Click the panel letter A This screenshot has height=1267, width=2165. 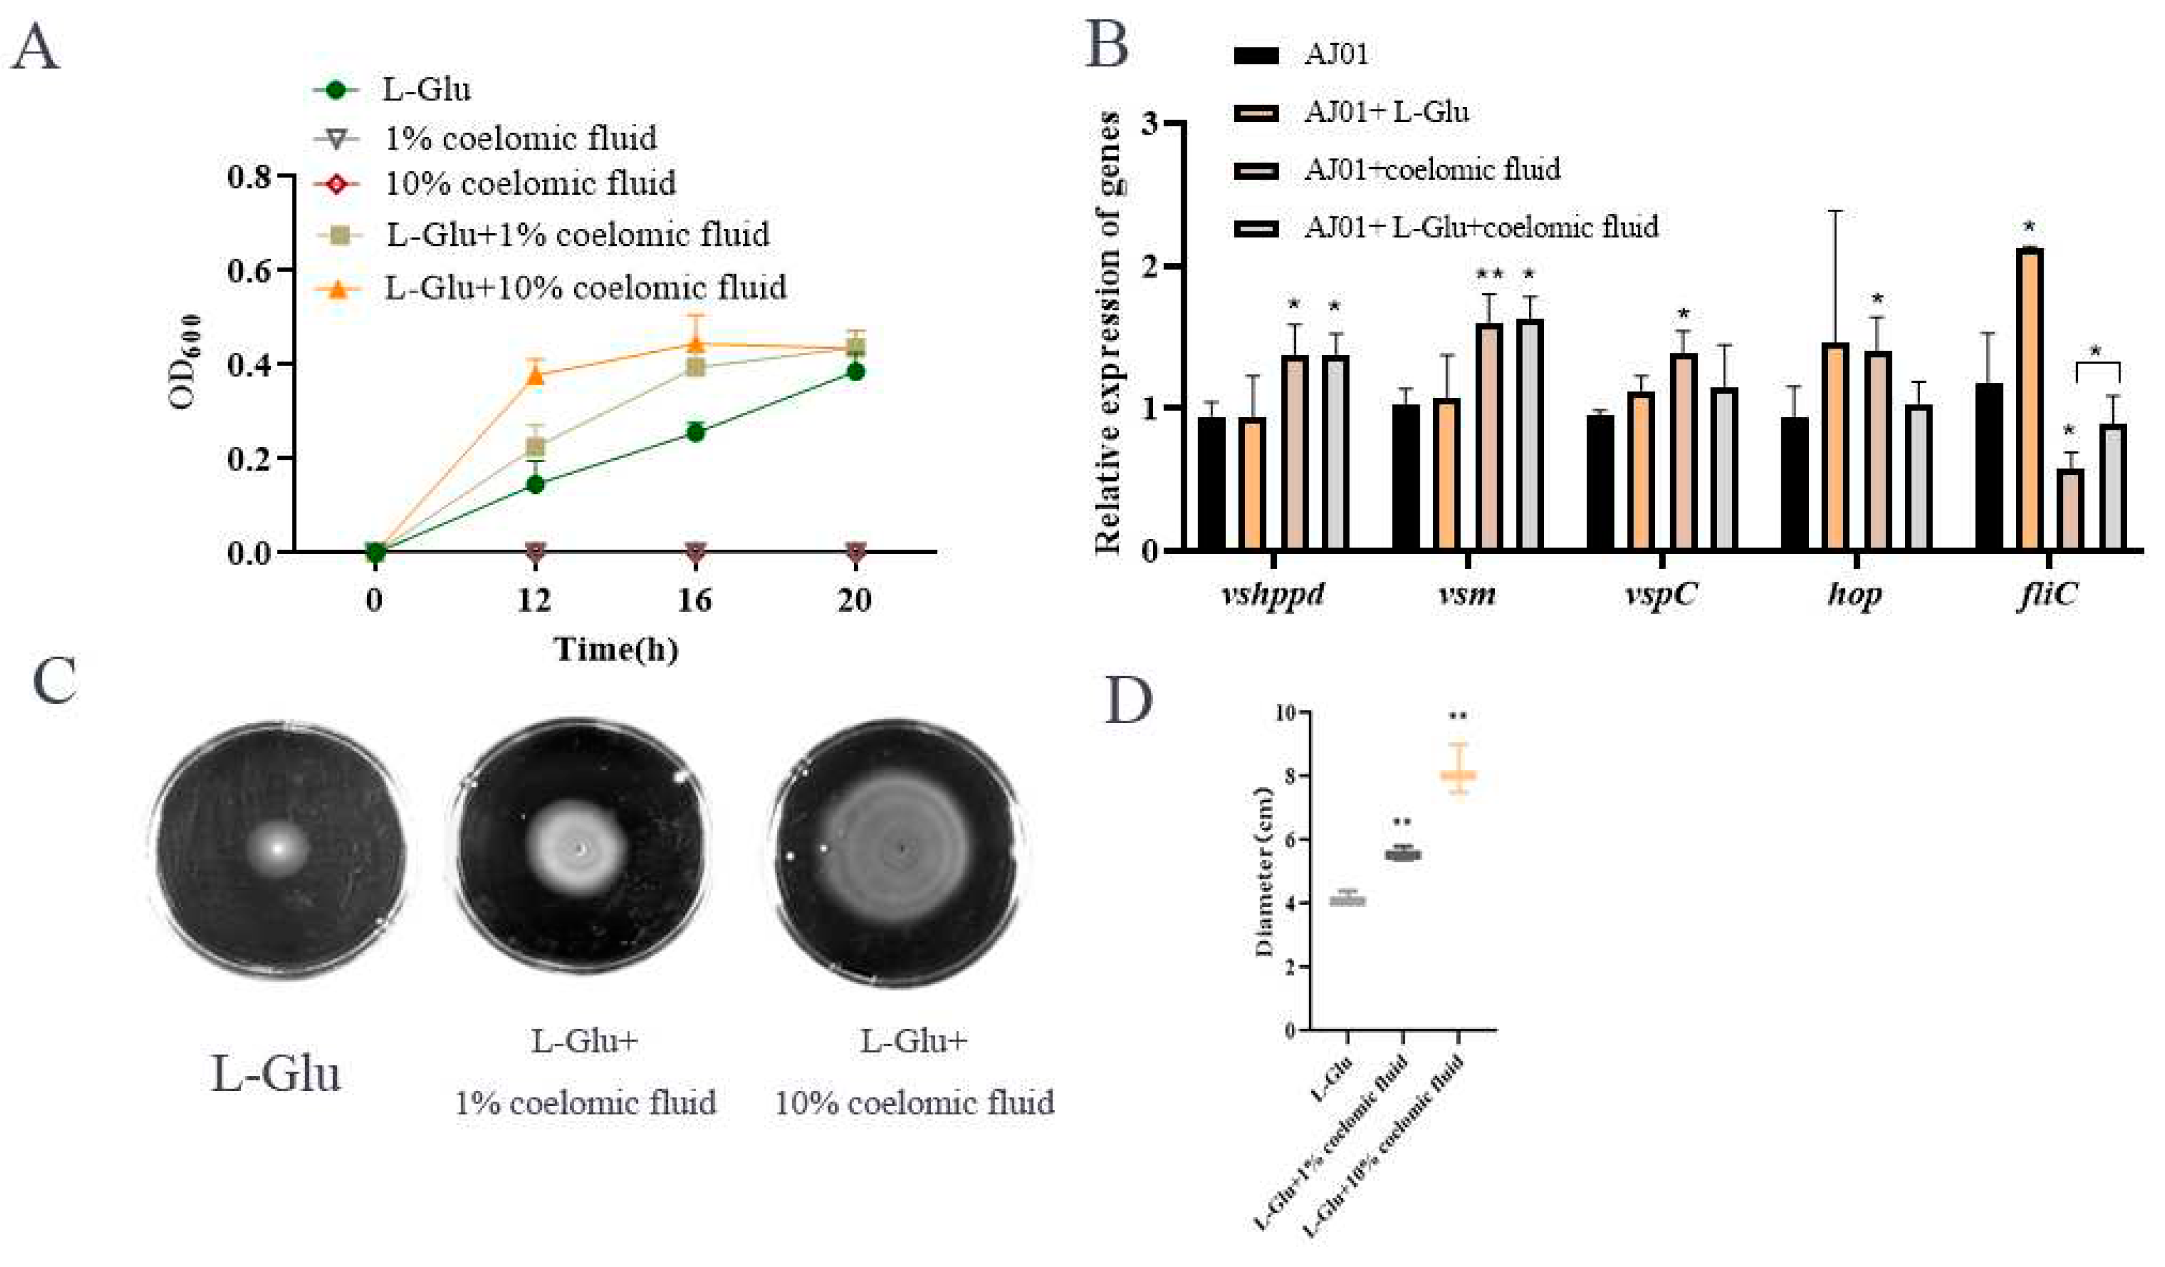click(x=36, y=47)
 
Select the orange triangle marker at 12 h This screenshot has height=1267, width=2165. click(x=535, y=376)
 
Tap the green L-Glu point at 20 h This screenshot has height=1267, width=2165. click(x=855, y=371)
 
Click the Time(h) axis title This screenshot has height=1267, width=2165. click(x=615, y=649)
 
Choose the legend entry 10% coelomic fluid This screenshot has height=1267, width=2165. click(x=529, y=184)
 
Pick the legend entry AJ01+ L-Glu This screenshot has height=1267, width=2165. click(x=1385, y=112)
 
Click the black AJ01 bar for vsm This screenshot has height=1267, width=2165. click(x=1405, y=477)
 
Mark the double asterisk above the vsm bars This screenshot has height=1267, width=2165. click(x=1490, y=275)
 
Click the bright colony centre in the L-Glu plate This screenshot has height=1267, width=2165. click(x=277, y=847)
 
